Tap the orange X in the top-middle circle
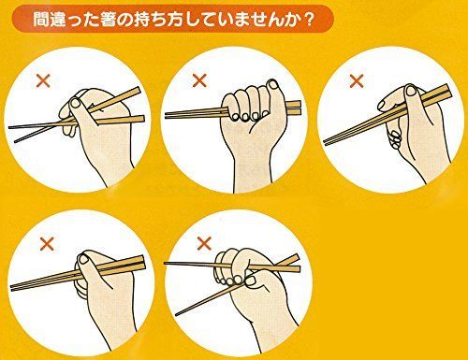point(198,81)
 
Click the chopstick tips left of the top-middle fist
point(170,115)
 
